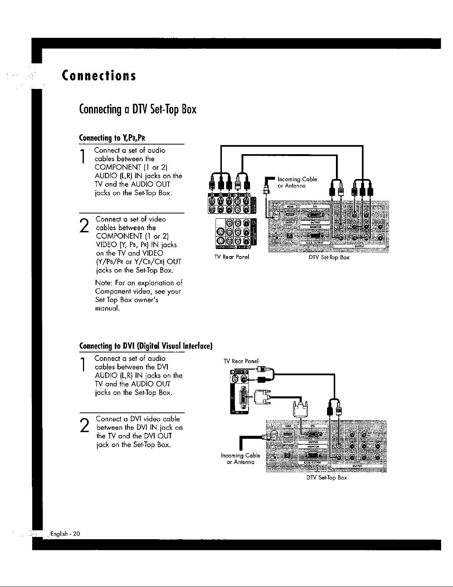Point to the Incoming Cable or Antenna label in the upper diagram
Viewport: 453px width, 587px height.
click(297, 183)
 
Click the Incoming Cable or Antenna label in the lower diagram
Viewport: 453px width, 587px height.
click(240, 459)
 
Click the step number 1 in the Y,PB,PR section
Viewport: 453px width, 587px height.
click(85, 156)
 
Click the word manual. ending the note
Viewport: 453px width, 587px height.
click(107, 308)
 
